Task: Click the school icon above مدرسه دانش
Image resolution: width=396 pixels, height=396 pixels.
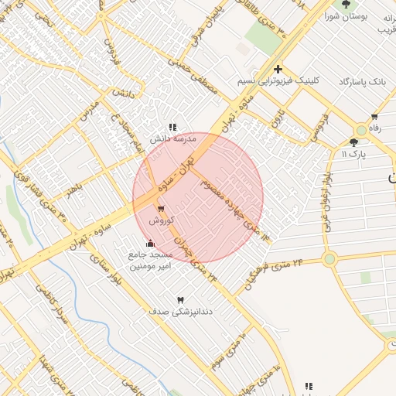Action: (172, 127)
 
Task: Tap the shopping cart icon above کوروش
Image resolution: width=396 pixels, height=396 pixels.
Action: (160, 210)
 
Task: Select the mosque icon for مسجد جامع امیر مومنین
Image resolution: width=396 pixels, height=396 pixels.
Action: (150, 244)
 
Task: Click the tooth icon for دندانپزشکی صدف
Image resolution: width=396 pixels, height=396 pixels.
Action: (182, 299)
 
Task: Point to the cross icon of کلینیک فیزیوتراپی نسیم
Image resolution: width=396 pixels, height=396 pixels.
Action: (278, 70)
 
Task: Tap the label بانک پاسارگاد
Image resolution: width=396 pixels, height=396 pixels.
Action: (362, 81)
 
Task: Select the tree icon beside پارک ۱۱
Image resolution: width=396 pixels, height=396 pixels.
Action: (354, 142)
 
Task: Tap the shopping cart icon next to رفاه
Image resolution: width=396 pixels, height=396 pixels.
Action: (374, 118)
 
